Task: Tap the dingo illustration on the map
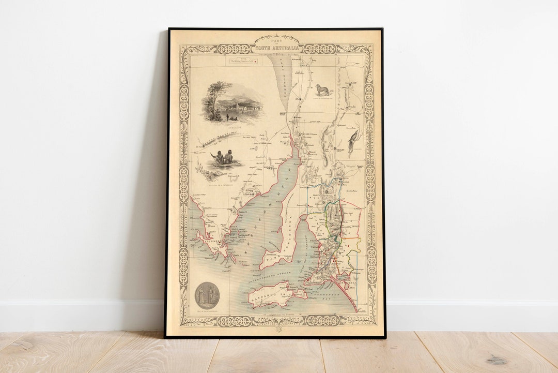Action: [x=323, y=89]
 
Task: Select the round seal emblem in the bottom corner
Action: [x=207, y=295]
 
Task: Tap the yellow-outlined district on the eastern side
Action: [x=353, y=248]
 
